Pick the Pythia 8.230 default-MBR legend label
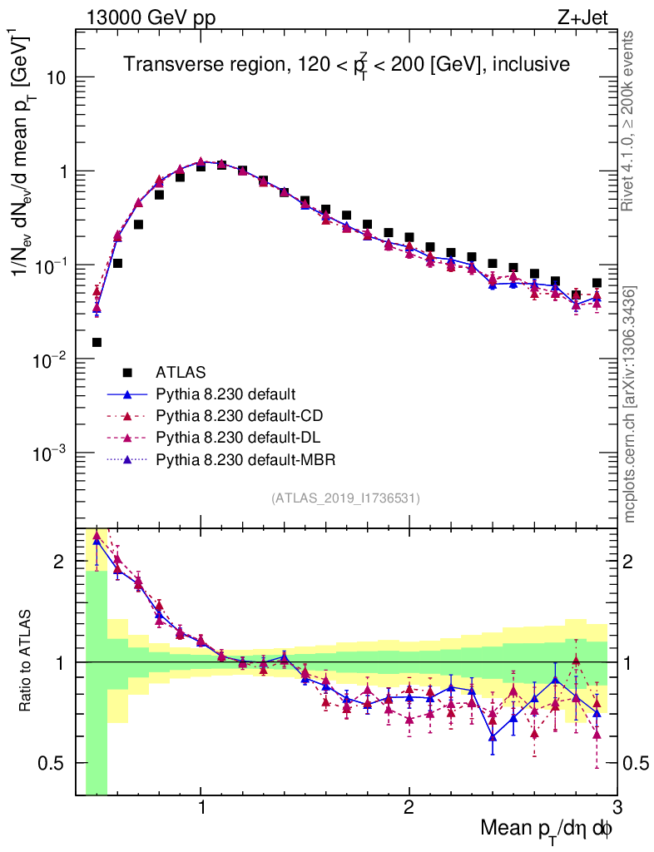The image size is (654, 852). pos(245,458)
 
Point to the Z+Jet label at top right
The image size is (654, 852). pos(587,17)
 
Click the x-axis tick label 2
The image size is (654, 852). pos(409,808)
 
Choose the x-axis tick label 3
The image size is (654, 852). pos(617,808)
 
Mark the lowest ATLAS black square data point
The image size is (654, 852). pos(97,342)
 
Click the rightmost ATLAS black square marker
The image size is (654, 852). pos(597,283)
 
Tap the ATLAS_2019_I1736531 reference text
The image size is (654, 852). pos(346,498)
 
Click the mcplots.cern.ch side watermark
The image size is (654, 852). pos(631,404)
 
